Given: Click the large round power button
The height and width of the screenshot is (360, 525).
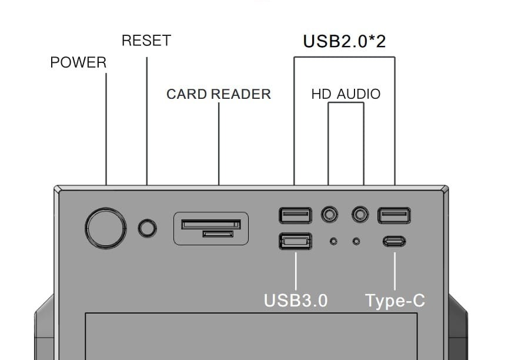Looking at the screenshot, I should pos(106,227).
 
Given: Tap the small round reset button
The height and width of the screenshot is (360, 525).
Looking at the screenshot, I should pos(148,228).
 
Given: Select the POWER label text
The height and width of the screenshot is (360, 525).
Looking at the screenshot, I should pos(78,63).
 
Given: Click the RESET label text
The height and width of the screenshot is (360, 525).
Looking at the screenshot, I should pos(146,41).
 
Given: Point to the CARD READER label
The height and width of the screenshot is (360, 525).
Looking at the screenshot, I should pos(219,94).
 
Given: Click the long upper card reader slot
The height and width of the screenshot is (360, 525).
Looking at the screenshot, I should pos(211,224).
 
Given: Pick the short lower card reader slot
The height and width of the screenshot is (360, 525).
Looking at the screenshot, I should pos(218,234).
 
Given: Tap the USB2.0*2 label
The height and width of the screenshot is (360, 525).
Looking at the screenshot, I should pos(344,42).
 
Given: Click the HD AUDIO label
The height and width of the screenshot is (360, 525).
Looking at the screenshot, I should pos(346,94).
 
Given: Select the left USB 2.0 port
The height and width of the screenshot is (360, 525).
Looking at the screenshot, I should pos(295,215).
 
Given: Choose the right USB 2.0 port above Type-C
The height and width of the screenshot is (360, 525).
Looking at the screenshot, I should pos(394,215).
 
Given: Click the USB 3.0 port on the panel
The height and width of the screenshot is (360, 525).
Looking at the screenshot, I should pos(295,241).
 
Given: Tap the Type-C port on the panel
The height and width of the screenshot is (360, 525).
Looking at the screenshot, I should pos(394,241).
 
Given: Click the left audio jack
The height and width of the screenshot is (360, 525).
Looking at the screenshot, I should pos(330,215).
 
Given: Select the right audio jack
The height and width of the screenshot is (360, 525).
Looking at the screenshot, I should pos(360,215).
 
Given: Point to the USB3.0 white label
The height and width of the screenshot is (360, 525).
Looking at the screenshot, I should pos(295,300).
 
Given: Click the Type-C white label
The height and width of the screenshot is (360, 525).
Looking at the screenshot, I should pos(394,301).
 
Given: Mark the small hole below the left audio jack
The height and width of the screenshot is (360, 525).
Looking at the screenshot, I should pos(333,241).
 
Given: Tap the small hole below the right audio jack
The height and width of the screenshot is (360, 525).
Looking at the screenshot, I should pos(356,241).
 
